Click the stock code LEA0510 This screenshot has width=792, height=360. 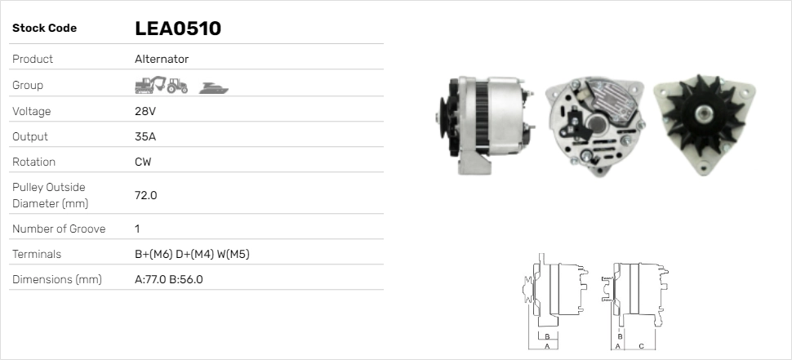177,29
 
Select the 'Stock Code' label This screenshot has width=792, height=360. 44,29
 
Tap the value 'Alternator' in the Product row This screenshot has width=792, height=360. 162,59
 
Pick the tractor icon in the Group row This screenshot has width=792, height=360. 177,85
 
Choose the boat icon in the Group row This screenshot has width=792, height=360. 214,87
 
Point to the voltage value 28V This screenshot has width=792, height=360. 145,111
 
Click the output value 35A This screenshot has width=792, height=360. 145,136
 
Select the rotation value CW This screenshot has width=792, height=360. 143,162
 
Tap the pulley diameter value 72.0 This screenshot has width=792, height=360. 145,195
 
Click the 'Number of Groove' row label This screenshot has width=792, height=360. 59,229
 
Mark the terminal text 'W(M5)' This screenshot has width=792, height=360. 233,254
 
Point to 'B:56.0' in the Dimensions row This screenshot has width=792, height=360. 186,279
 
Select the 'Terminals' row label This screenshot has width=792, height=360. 37,254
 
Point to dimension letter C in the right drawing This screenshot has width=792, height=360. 641,346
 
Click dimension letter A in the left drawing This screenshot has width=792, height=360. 546,346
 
